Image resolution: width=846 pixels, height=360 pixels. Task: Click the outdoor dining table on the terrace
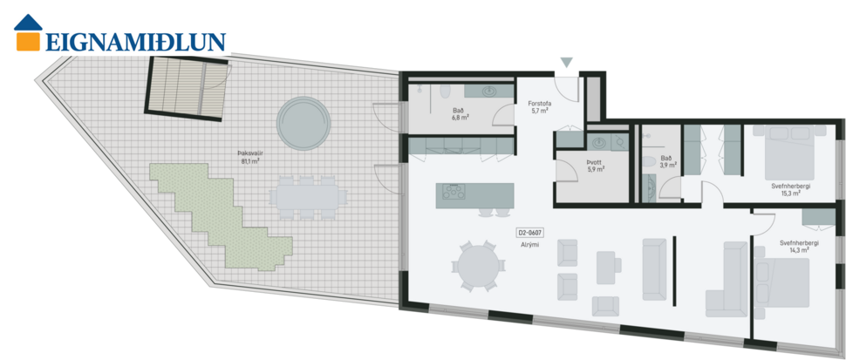tap(305, 196)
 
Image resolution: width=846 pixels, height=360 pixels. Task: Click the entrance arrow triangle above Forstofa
tap(567, 63)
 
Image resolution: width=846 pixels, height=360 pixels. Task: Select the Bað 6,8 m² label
tap(459, 114)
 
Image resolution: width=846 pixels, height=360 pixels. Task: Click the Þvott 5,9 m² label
tap(596, 165)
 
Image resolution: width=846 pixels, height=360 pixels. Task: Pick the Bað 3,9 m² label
tap(665, 160)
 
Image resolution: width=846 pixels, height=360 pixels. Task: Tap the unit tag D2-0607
tap(531, 233)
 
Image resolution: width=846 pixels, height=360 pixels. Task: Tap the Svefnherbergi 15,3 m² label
tap(788, 189)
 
